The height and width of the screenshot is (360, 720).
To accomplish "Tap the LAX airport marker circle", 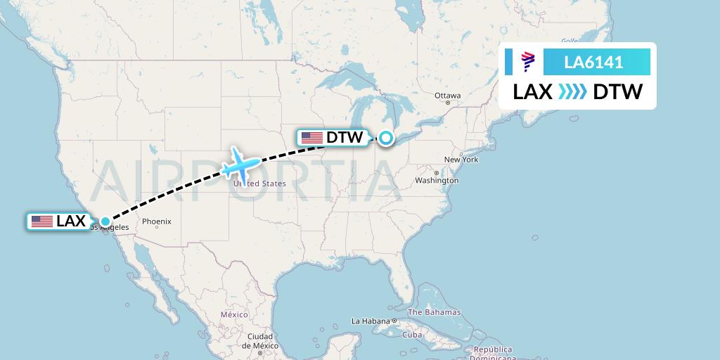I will click(x=105, y=221).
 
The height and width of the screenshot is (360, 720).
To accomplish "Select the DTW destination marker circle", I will click(x=385, y=138).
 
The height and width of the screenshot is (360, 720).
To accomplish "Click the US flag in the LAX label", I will click(x=42, y=221).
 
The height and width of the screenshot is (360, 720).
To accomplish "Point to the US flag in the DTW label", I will click(x=311, y=138).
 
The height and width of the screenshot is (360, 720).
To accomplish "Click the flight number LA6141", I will click(x=593, y=63).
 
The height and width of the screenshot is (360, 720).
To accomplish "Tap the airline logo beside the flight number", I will click(x=528, y=63).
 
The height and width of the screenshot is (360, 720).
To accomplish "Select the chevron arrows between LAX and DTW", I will click(x=572, y=92).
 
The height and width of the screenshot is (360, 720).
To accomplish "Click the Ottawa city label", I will click(x=447, y=96).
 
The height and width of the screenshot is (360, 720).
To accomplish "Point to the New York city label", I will click(x=461, y=160).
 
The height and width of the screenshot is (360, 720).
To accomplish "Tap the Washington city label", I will click(x=437, y=181).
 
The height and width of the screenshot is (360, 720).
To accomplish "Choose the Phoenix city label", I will click(x=156, y=221).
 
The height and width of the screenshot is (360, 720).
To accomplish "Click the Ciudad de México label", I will click(x=259, y=340).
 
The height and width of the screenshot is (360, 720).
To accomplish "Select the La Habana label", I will click(x=370, y=321).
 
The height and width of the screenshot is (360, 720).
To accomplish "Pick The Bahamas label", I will click(x=434, y=312).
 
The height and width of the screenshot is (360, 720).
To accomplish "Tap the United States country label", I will click(x=259, y=184).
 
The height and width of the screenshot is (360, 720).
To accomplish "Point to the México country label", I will click(x=234, y=314).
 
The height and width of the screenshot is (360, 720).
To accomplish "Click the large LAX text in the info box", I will click(x=532, y=92).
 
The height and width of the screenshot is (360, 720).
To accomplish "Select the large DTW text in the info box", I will click(x=618, y=92).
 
